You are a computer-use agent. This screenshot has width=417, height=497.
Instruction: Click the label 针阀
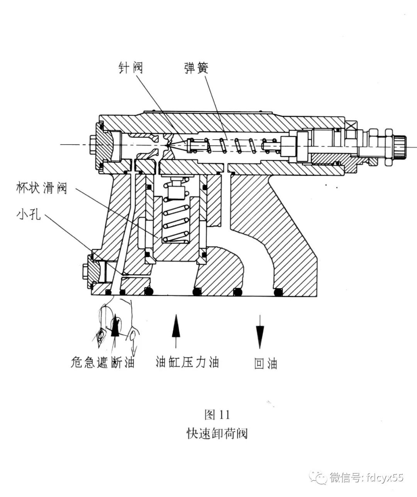[x=131, y=68]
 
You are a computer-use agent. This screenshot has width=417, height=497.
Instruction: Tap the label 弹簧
[x=197, y=68]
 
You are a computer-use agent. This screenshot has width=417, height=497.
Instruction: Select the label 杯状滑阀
[x=42, y=188]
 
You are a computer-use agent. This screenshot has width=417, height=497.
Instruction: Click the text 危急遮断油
[x=103, y=362]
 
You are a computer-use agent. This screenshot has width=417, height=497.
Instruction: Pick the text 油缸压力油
[x=187, y=362]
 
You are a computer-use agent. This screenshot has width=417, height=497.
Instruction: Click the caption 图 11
[x=217, y=415]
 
